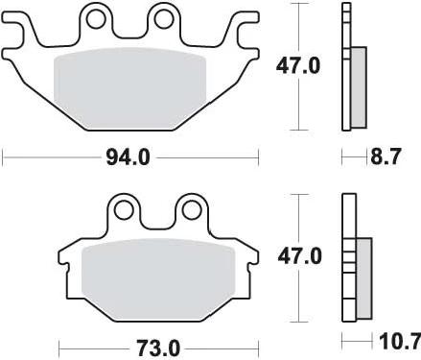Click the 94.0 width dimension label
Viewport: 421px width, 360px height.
(x=128, y=157)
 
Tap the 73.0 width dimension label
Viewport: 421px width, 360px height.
(x=158, y=348)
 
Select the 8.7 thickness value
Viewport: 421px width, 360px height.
(x=385, y=156)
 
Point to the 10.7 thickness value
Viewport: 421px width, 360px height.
(x=400, y=342)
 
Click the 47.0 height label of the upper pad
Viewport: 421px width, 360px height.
(x=298, y=66)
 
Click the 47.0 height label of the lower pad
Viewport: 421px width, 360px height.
(x=299, y=256)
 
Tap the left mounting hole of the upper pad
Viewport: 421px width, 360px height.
(x=96, y=19)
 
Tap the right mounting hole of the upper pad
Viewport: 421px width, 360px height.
(x=164, y=18)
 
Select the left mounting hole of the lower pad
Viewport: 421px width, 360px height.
(x=124, y=210)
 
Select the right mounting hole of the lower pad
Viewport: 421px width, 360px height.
(x=191, y=210)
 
